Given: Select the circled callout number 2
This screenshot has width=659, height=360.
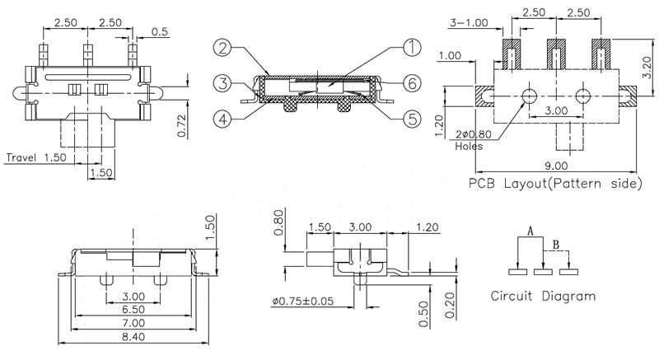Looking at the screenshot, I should (220, 49).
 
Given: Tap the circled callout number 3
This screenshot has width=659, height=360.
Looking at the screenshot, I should (220, 82).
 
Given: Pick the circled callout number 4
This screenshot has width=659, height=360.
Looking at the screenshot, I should (220, 117).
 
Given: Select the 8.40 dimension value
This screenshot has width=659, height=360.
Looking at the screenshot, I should (133, 337).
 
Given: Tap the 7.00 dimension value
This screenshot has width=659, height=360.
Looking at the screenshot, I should (133, 323).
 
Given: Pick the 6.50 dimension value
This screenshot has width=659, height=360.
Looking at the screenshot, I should (133, 310).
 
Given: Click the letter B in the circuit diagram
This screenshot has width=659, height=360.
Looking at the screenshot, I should (556, 244).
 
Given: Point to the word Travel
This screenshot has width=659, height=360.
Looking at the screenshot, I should (24, 157).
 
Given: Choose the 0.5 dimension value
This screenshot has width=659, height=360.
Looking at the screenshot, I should (161, 32).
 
